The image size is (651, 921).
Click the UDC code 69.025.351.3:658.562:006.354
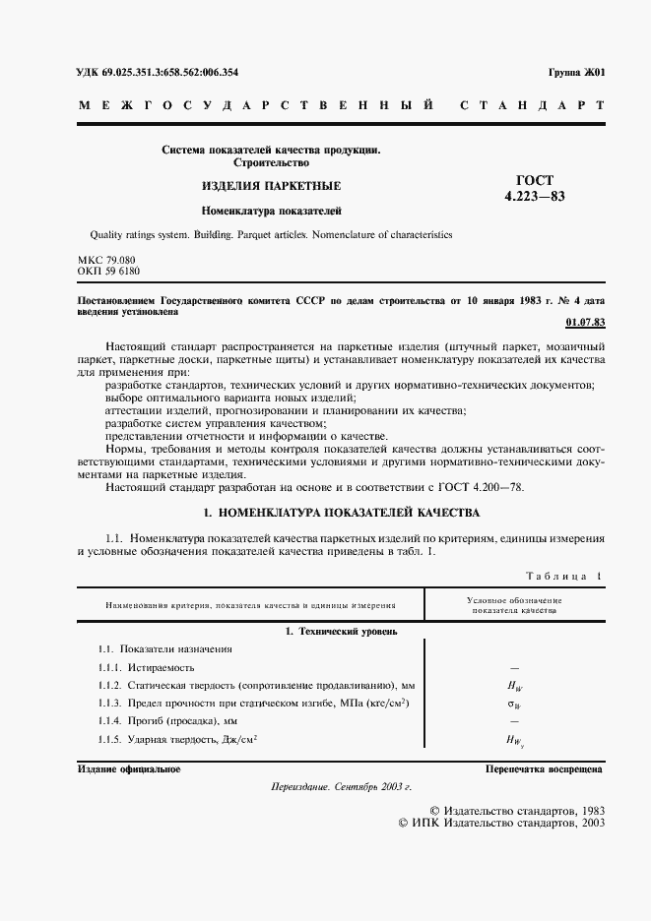pos(157,73)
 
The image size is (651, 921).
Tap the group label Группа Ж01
pos(576,73)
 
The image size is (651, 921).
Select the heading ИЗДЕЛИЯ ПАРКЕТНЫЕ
pos(271,187)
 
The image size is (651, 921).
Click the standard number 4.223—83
pos(534,195)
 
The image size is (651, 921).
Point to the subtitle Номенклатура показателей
pos(271,210)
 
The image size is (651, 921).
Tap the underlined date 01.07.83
pos(586,323)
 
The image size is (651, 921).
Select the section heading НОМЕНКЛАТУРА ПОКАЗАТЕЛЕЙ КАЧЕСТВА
pos(340,513)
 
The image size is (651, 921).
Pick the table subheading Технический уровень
pos(341,629)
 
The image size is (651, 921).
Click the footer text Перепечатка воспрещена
pos(545,768)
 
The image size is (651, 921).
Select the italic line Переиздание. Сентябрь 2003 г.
pos(341,788)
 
